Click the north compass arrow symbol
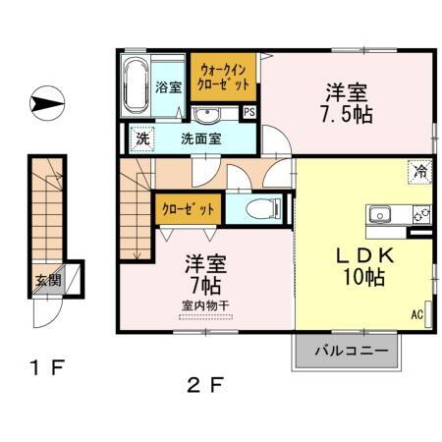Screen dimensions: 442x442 click(46, 101)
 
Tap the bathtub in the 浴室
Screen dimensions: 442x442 click(136, 86)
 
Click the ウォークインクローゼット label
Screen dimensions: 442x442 click(225, 78)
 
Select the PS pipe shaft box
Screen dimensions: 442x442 click(249, 112)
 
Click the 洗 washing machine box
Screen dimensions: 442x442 click(141, 139)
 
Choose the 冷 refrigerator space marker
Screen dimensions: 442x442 click(420, 171)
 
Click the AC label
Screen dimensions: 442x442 click(417, 315)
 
